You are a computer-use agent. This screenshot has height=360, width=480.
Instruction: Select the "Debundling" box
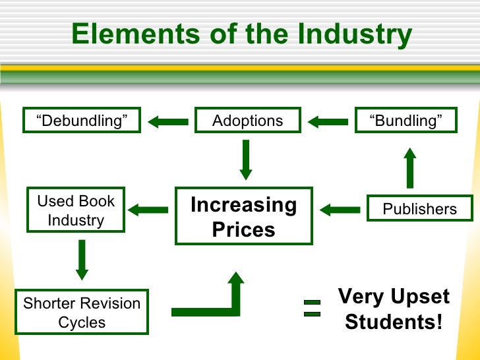tap(82, 121)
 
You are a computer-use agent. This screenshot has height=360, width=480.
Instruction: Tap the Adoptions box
tap(247, 121)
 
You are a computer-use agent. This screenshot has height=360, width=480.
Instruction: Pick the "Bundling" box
tap(405, 121)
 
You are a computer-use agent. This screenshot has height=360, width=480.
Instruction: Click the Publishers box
tap(419, 209)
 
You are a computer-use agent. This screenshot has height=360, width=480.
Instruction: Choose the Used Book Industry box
tap(76, 210)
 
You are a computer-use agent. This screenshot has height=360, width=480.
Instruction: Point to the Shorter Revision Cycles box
tap(82, 313)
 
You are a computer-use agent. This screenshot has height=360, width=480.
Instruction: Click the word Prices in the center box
tap(243, 230)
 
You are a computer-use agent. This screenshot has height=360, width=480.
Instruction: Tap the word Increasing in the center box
tap(243, 206)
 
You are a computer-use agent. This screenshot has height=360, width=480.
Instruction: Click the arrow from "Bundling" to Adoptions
tap(328, 121)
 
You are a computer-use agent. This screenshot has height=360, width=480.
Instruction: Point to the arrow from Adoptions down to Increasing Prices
tap(246, 160)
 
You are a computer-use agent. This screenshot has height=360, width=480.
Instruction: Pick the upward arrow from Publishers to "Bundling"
tap(409, 168)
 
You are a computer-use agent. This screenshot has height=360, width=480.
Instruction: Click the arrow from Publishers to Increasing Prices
tap(340, 210)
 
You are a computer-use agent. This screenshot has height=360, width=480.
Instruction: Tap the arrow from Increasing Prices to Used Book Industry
tap(148, 210)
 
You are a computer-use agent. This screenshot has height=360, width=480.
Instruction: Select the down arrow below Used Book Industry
tap(82, 259)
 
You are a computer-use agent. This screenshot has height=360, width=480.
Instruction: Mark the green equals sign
tap(312, 308)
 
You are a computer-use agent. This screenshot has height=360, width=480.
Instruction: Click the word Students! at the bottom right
tap(394, 322)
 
